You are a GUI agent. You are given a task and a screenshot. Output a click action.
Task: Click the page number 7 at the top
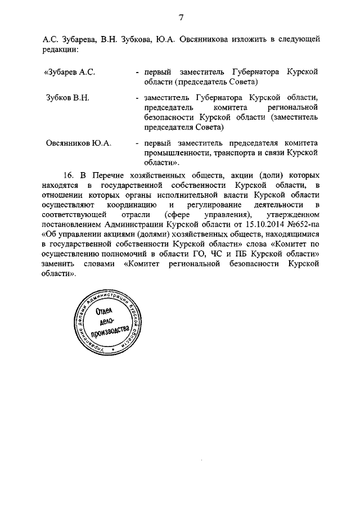[182, 17]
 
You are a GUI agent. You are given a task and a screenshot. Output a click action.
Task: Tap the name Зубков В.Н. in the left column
[67, 97]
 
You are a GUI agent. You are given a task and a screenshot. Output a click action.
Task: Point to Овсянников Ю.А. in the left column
[78, 143]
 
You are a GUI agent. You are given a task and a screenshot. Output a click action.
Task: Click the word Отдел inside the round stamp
[105, 314]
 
